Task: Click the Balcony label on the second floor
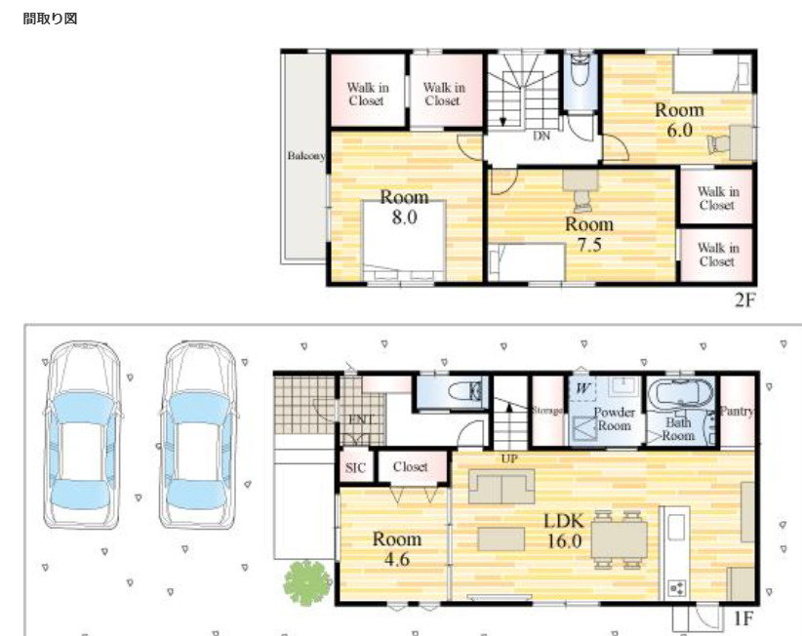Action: (305, 155)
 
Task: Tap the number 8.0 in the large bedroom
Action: (405, 218)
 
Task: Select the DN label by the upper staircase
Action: (541, 136)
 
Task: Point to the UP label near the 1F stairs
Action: (509, 459)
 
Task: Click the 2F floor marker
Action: (744, 299)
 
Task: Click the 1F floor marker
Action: (743, 618)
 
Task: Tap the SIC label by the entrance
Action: (355, 468)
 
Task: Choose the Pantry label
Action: (737, 411)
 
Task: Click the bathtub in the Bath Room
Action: (680, 394)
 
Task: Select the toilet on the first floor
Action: (465, 391)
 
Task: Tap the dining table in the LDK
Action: (619, 539)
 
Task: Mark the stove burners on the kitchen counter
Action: (677, 588)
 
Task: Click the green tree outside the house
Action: (307, 582)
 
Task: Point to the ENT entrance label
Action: (361, 419)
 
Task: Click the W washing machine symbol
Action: (582, 388)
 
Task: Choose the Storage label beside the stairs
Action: (546, 410)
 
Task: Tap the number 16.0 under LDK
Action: (565, 541)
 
